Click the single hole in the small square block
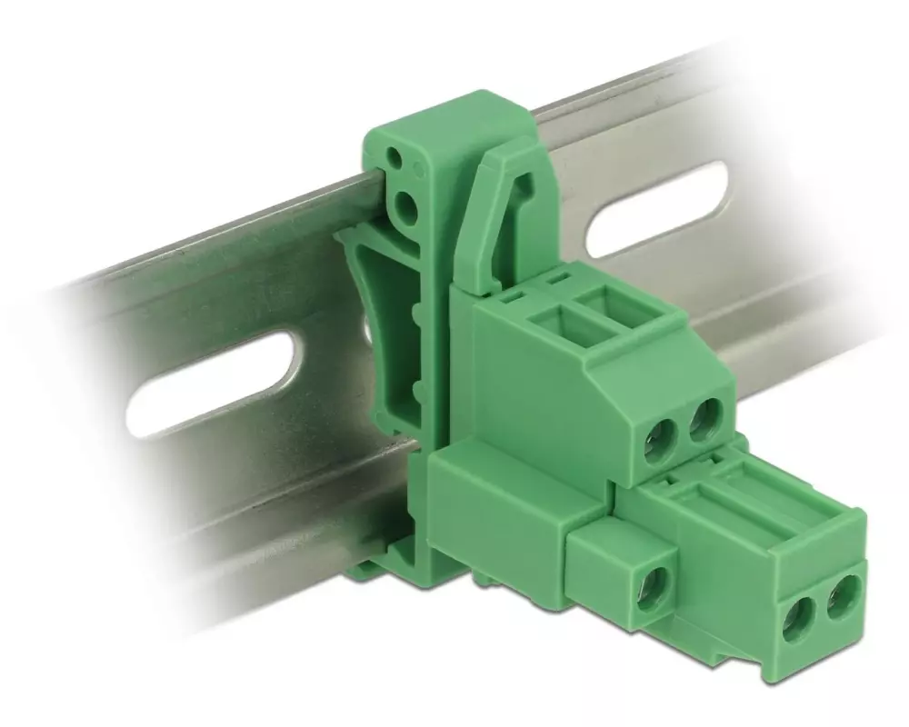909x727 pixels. (x=652, y=585)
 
